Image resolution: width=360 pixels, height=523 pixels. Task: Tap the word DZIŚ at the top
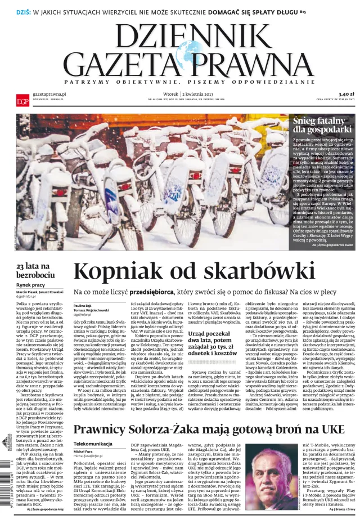13,10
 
